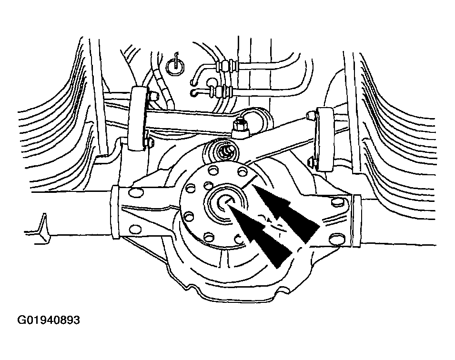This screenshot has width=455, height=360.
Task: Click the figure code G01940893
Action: pyautogui.click(x=49, y=320)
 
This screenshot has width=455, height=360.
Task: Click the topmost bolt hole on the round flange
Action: pyautogui.click(x=213, y=170)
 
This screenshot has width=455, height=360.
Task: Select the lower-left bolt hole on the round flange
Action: pyautogui.click(x=189, y=217)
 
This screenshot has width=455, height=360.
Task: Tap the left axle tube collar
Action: pyautogui.click(x=115, y=213)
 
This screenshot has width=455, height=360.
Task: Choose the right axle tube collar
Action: pyautogui.click(x=356, y=221)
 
